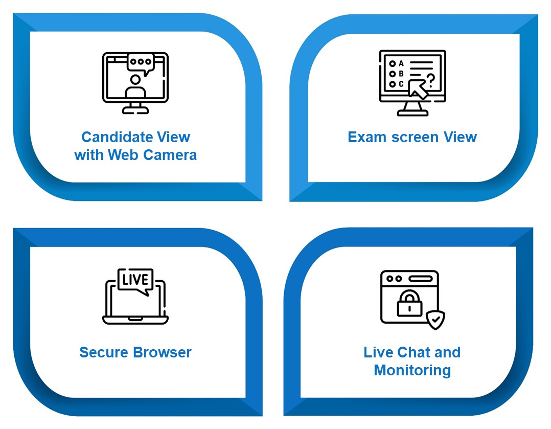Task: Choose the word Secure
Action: coord(104,352)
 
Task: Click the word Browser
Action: coord(163,352)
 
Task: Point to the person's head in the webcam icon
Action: coord(135,80)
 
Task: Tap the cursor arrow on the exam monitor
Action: coord(418,89)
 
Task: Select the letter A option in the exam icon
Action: coord(397,63)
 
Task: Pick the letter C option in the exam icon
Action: coord(397,84)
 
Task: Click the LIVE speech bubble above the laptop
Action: coord(135,281)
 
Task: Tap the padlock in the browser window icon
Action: coord(409,303)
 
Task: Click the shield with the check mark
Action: coord(435,320)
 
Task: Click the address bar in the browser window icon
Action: coord(420,279)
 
